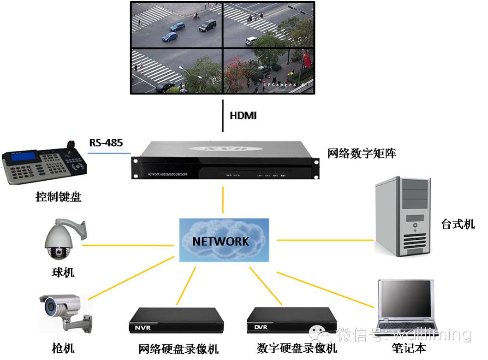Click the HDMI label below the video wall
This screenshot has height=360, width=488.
coord(243,115)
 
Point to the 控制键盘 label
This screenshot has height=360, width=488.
coord(58,197)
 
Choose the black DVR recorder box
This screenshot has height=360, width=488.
coord(291,319)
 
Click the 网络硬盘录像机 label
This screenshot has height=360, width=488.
coord(179,348)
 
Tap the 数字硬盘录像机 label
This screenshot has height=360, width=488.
coord(297,348)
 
